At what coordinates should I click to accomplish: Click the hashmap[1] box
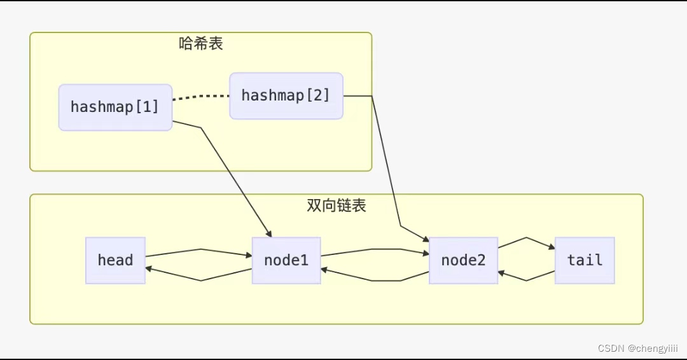coord(115,107)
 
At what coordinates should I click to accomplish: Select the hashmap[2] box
coord(286,95)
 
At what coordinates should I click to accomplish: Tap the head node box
coord(115,260)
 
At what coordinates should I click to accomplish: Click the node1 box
coord(286,260)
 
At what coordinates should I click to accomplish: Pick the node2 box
coord(462,260)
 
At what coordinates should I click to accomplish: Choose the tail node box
coord(584,260)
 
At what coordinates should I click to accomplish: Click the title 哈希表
coord(200,44)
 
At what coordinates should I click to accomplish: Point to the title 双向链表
coord(336,205)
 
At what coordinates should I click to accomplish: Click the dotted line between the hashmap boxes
coord(200,97)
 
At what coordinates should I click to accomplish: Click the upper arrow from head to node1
coord(200,249)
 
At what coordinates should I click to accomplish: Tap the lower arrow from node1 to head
coord(200,280)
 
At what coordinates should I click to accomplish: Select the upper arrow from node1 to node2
coord(375,249)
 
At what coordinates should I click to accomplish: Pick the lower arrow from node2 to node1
coord(375,280)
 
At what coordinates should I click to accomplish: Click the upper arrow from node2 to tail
coord(526,239)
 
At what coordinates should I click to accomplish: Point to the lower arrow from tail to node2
coord(526,280)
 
